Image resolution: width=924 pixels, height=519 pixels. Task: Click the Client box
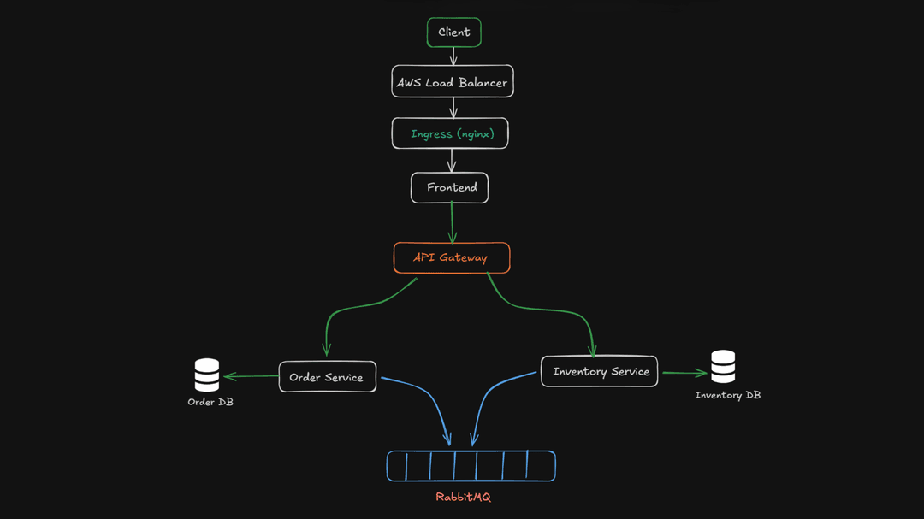click(453, 32)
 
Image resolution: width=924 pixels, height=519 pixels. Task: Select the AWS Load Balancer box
click(453, 82)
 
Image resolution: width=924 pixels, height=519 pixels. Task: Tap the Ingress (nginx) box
click(450, 133)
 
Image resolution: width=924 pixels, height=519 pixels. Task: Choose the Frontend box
click(449, 187)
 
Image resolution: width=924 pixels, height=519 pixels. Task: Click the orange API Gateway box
click(452, 257)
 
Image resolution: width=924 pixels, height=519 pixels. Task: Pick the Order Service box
click(327, 377)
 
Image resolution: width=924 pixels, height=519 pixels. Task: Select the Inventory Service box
click(599, 371)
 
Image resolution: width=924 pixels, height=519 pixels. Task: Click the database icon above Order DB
click(207, 375)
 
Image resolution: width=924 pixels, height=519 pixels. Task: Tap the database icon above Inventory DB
click(723, 366)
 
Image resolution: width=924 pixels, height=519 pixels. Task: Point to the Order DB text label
click(210, 402)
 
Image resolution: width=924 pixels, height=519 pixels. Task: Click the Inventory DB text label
click(727, 395)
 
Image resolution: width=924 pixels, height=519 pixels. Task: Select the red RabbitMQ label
click(463, 497)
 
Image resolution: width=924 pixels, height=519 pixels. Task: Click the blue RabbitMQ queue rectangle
click(471, 466)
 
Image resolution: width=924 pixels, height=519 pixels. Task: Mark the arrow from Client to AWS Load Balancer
click(453, 56)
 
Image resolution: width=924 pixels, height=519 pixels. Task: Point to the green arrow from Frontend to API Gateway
click(452, 223)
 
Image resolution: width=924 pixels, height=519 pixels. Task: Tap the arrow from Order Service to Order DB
click(252, 376)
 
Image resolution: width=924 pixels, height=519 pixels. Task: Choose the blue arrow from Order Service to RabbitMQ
click(428, 402)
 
